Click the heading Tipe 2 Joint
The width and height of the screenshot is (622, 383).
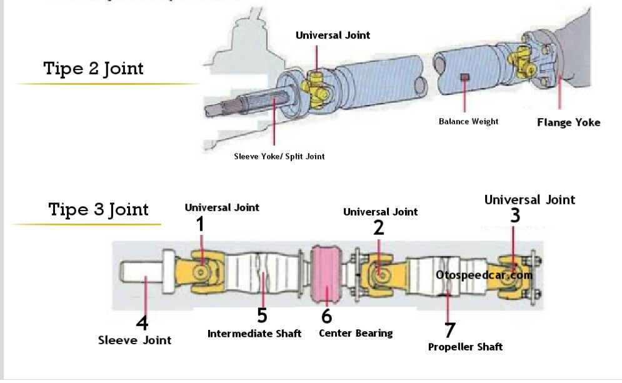[93, 68]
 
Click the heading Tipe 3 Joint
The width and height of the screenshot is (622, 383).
[98, 209]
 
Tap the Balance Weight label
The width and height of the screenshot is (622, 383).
[468, 121]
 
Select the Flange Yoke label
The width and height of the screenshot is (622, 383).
[568, 122]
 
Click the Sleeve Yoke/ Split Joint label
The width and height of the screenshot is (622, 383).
[279, 156]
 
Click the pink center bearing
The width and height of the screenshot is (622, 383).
[327, 275]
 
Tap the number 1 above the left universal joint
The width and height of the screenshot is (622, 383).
[200, 224]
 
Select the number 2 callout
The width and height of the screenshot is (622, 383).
[379, 228]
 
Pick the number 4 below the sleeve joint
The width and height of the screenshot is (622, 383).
[143, 324]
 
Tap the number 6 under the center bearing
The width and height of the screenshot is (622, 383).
[326, 317]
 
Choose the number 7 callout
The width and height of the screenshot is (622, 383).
[449, 329]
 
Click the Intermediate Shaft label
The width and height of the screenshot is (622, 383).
[254, 334]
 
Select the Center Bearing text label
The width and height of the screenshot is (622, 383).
[356, 333]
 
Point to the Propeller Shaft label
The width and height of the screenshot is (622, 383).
[465, 347]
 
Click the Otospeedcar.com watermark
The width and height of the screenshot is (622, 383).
[484, 274]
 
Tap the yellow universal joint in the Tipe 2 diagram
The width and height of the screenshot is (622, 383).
[315, 87]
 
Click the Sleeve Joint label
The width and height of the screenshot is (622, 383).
[134, 341]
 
